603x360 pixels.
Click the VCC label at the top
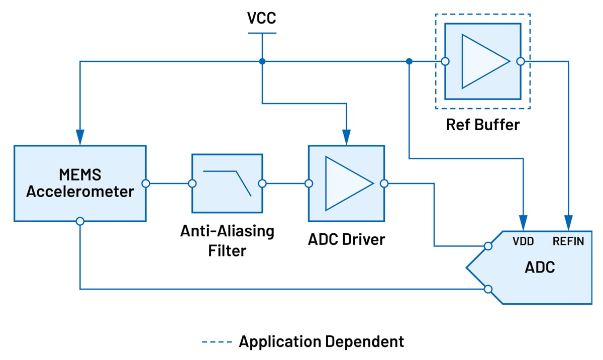click(261, 18)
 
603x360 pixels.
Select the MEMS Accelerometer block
click(80, 184)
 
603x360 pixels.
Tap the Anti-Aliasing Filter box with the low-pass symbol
click(227, 184)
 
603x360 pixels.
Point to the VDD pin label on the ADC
click(523, 241)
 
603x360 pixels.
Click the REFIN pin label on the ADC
click(568, 241)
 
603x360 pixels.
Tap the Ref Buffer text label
click(482, 124)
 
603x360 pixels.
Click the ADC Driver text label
click(346, 239)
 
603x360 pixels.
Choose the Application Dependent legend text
click(321, 341)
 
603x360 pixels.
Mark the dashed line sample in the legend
click(217, 342)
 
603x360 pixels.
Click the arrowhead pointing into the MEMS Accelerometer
click(80, 137)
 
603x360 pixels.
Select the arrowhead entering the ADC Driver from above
click(346, 137)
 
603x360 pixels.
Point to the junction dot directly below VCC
click(262, 61)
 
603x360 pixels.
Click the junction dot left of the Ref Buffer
click(410, 61)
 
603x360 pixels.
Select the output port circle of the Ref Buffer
click(521, 61)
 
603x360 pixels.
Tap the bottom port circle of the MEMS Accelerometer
click(80, 221)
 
